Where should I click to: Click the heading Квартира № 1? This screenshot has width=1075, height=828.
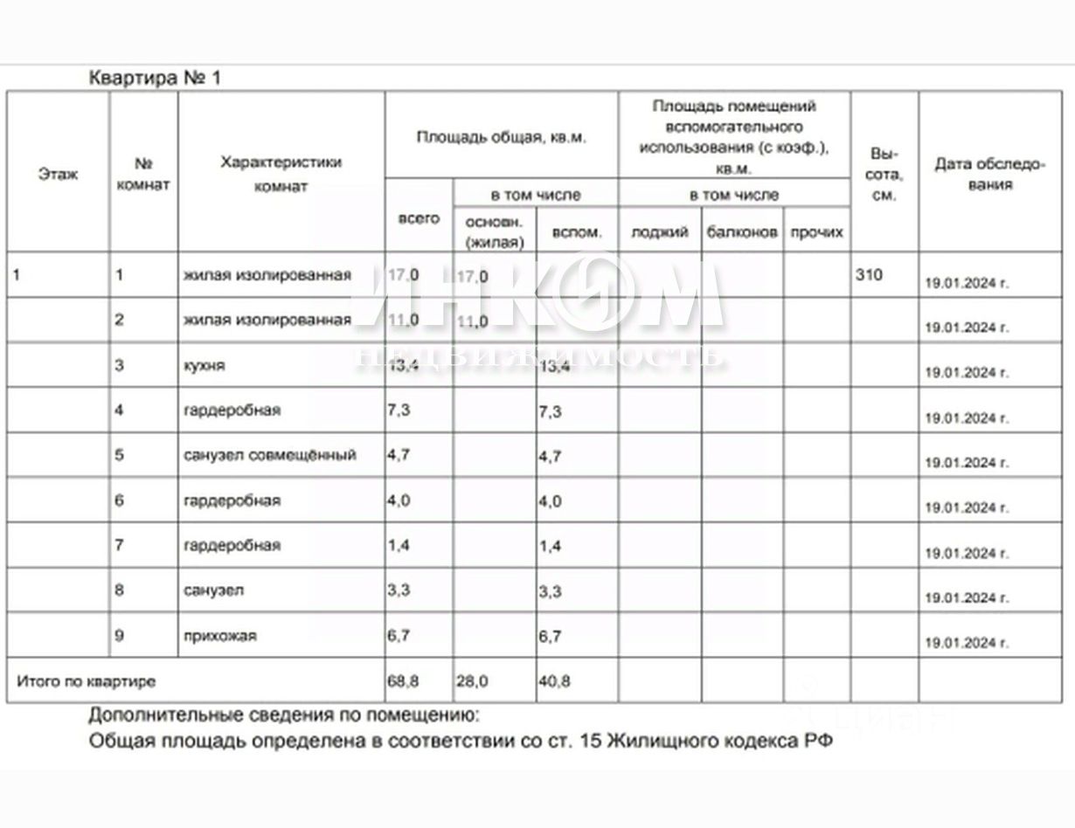156,78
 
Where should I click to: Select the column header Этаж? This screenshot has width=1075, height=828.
58,174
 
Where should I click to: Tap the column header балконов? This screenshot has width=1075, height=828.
742,232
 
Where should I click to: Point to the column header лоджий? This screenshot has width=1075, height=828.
660,232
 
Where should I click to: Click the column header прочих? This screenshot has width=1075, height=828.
816,232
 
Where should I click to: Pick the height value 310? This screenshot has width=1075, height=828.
869,275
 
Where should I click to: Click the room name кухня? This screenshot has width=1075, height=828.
204,366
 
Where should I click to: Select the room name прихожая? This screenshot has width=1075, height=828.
219,636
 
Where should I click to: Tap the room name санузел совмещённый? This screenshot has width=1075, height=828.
269,455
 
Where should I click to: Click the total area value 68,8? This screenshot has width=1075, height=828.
403,680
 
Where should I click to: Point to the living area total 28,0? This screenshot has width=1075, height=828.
472,680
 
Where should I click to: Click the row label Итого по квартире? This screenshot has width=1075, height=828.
86,681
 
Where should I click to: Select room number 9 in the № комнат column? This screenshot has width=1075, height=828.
119,636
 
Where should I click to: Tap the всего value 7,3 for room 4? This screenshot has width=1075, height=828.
399,411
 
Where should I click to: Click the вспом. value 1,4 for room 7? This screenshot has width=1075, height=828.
550,546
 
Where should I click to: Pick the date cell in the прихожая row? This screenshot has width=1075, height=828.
966,643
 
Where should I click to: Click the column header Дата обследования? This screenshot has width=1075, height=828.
989,174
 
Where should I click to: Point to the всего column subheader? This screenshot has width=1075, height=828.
419,218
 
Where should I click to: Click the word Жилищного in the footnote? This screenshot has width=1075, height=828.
656,742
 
